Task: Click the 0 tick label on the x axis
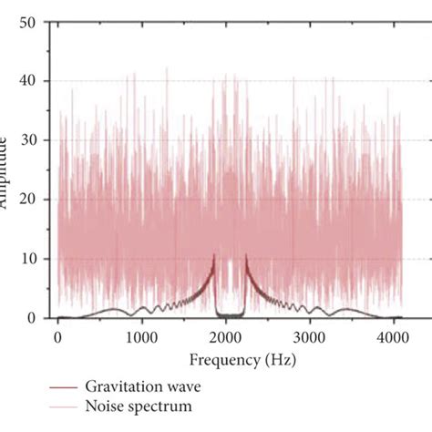coord(57,336)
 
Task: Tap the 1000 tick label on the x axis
coord(141,336)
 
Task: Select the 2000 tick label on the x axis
coord(225,336)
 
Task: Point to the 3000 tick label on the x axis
coord(309,336)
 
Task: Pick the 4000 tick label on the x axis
coord(393,336)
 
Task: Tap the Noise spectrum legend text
coord(140,406)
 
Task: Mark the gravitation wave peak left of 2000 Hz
coord(214,256)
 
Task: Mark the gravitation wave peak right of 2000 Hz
coord(244,256)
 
